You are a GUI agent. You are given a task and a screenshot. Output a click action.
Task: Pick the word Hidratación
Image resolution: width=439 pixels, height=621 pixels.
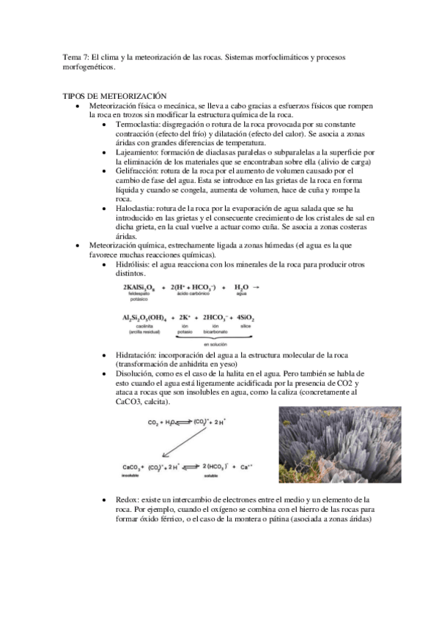[x=134, y=354]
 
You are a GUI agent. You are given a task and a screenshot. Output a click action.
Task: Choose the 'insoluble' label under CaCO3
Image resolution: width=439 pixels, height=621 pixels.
[x=131, y=474]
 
